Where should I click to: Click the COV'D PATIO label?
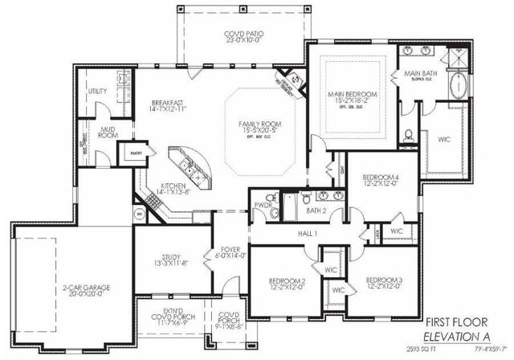point(240,34)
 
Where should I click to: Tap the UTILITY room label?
point(98,92)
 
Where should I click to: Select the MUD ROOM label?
point(108,132)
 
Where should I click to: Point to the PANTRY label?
point(128,150)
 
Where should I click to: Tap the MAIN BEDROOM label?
point(352,95)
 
